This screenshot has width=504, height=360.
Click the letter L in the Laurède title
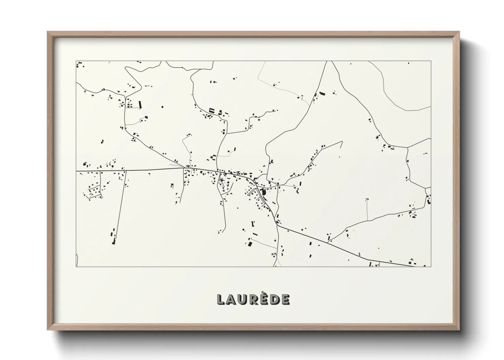[221, 299]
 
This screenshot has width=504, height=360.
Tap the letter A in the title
[231, 299]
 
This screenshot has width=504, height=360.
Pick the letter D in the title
[275, 299]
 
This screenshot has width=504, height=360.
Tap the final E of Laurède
[286, 299]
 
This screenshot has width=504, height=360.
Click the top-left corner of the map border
[76, 61]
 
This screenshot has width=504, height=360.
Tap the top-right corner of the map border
[431, 61]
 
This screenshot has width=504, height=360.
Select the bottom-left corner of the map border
[76, 266]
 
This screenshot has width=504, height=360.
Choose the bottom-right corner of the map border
[431, 266]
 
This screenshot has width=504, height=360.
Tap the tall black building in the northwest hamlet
[140, 104]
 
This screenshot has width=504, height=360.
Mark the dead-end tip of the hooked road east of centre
[342, 147]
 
